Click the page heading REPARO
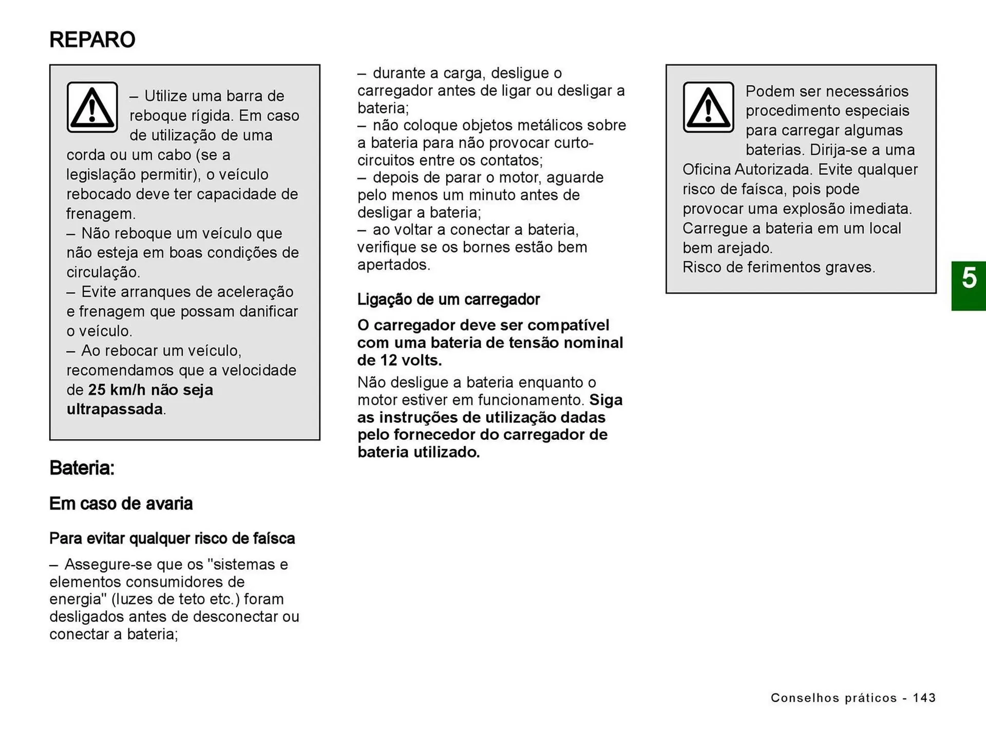pos(92,40)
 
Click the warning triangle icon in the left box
pos(92,107)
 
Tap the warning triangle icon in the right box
pos(708,107)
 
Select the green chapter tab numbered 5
pos(969,286)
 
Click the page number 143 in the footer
pos(924,698)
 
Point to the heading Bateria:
pos(82,468)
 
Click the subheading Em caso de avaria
pos(121,503)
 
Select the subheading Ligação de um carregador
pos(448,300)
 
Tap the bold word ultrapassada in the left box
pos(115,409)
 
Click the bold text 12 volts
pos(411,360)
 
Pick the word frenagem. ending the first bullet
pos(101,214)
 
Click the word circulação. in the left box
pos(103,272)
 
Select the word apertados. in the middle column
pos(394,265)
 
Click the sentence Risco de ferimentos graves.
pos(779,267)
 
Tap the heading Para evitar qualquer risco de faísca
pos(172,538)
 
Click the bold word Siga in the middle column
pos(606,400)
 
